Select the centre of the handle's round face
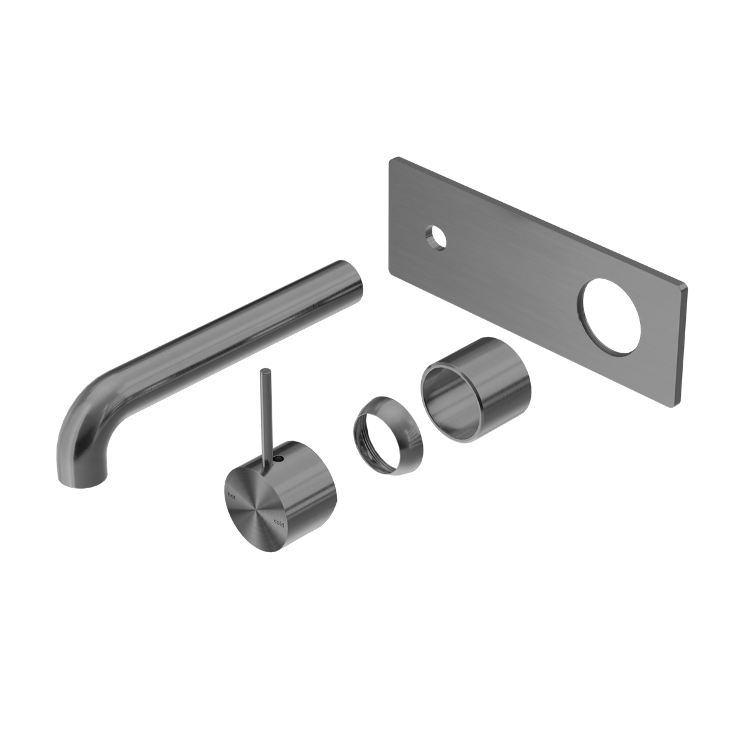(x=256, y=509)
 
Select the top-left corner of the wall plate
(x=392, y=160)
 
